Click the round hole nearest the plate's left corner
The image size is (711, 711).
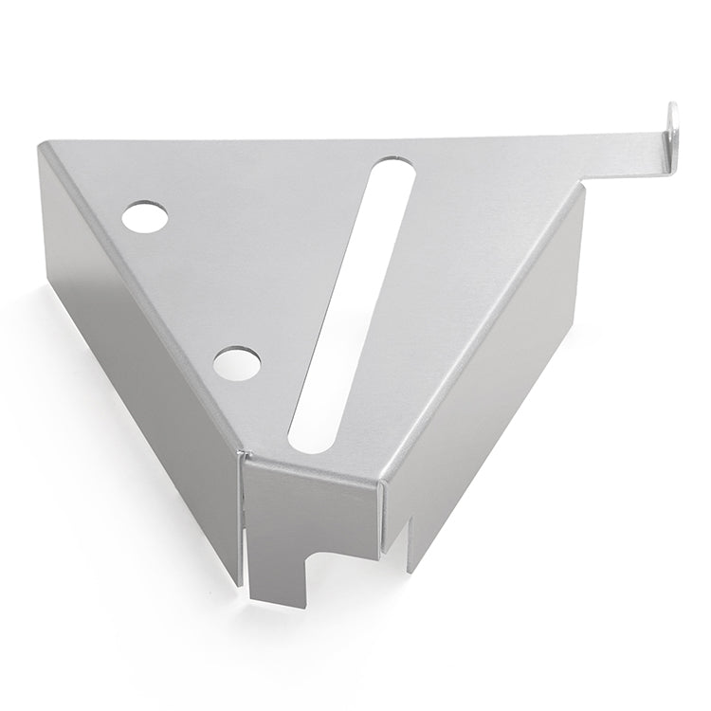145,217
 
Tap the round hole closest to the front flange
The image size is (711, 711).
236,362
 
